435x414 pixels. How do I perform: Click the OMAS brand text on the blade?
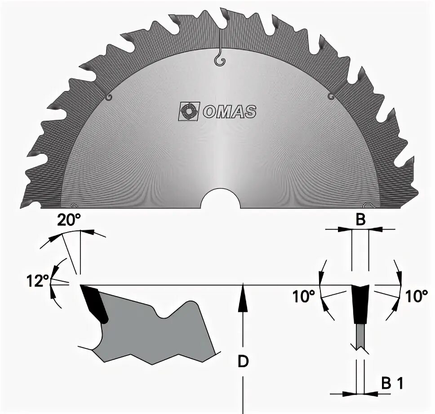tap(229, 112)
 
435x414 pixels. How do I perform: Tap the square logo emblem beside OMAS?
tap(189, 112)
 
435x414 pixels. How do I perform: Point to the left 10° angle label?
tap(304, 296)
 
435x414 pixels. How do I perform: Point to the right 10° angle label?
tap(417, 296)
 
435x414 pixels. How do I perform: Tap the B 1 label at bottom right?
tap(392, 384)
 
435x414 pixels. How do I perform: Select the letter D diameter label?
tap(243, 361)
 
